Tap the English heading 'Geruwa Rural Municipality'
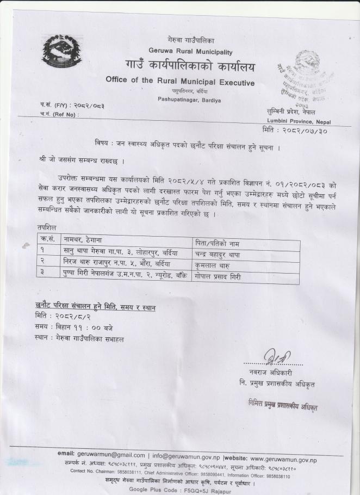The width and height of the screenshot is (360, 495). [x=186, y=52]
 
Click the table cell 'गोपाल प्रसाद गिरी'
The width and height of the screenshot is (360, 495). [x=219, y=277]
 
